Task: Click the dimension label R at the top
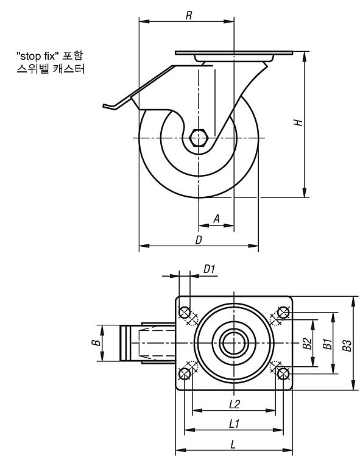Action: pyautogui.click(x=189, y=15)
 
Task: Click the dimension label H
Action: pyautogui.click(x=298, y=122)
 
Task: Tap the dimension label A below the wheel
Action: pyautogui.click(x=216, y=219)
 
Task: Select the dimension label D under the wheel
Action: pyautogui.click(x=199, y=239)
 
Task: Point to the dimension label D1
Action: pyautogui.click(x=209, y=269)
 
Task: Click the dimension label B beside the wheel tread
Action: pyautogui.click(x=96, y=342)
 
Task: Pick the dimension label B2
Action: pyautogui.click(x=307, y=343)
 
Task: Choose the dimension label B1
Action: pyautogui.click(x=327, y=344)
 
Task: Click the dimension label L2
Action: pyautogui.click(x=234, y=404)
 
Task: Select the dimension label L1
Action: pyautogui.click(x=234, y=423)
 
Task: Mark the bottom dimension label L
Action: pyautogui.click(x=233, y=444)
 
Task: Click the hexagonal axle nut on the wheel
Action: pyautogui.click(x=199, y=138)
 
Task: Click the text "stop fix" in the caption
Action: pyautogui.click(x=36, y=55)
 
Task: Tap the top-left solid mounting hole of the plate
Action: pyautogui.click(x=185, y=313)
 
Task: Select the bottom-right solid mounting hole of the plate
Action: pyautogui.click(x=283, y=374)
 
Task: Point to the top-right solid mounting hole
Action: pyautogui.click(x=283, y=313)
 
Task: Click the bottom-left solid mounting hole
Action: pyautogui.click(x=185, y=374)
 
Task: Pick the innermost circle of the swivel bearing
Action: pyautogui.click(x=234, y=343)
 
